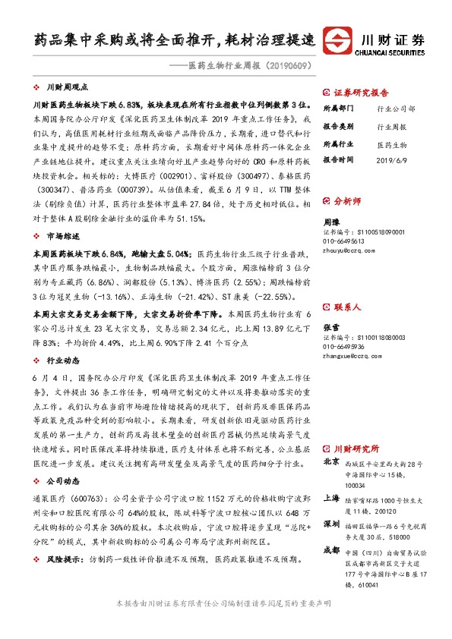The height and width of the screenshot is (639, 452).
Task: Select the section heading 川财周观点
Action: tap(68, 88)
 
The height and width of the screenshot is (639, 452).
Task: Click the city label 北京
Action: tap(331, 461)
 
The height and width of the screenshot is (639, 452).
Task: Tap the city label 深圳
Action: tap(331, 524)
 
